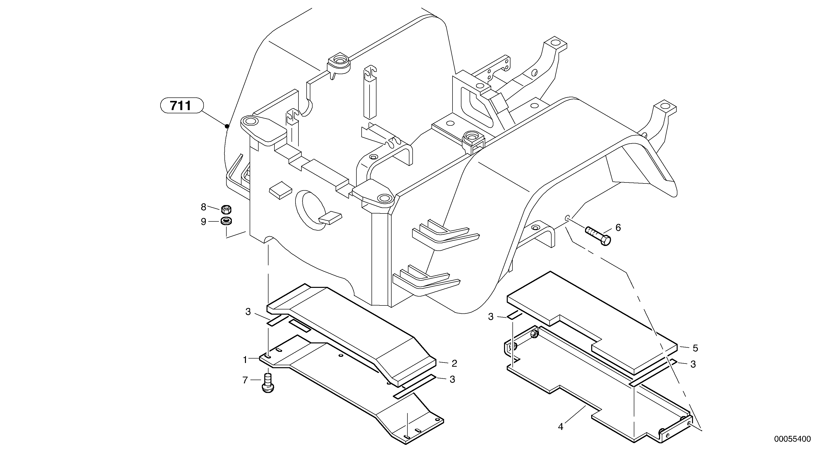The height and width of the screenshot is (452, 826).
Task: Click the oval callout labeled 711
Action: tap(182, 105)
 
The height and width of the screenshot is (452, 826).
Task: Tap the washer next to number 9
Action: tap(226, 221)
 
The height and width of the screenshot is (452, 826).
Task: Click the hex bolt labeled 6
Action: tap(598, 236)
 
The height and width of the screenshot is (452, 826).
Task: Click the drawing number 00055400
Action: tap(792, 439)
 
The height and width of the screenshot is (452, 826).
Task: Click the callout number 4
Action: tap(560, 427)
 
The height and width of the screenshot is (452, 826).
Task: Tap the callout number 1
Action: tap(245, 360)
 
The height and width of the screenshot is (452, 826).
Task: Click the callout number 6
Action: tap(618, 228)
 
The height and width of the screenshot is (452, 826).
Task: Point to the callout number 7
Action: tap(245, 380)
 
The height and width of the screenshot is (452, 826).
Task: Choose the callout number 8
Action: tap(203, 207)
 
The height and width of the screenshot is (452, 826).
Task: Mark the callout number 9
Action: tap(203, 221)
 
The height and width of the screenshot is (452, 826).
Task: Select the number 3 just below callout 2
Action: tap(452, 379)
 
